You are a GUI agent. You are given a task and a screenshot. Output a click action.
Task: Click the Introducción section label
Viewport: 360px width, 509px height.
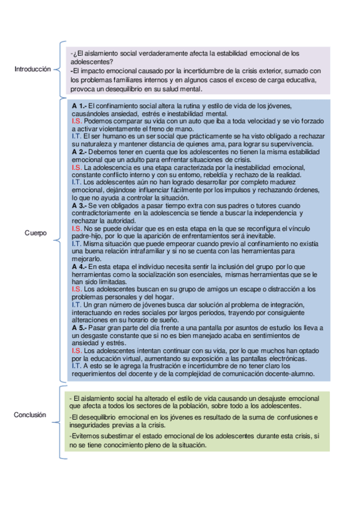click(x=32, y=70)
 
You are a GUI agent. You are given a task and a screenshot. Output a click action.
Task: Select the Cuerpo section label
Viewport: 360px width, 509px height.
click(x=35, y=232)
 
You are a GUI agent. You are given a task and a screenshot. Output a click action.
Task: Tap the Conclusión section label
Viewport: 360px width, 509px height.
click(x=30, y=415)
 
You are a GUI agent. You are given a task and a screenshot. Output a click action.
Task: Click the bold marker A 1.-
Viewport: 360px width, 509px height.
click(x=79, y=106)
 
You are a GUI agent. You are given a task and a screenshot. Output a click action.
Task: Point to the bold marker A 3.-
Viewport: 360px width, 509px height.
click(x=79, y=206)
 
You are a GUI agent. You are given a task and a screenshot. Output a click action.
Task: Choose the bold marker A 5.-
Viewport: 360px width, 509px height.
click(x=79, y=328)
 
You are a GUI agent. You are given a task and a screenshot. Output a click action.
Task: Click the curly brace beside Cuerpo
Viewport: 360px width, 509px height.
click(x=61, y=232)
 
